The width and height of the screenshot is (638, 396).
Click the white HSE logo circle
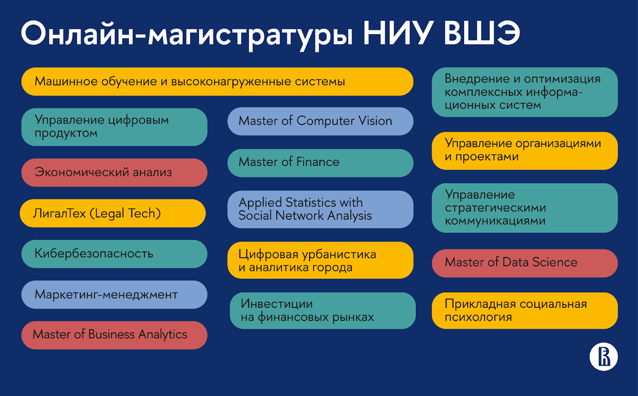[x=604, y=357]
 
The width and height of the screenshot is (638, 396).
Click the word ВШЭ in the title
[x=482, y=33]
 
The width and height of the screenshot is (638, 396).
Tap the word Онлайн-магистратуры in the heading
[x=187, y=36]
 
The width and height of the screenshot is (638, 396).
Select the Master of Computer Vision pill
[x=320, y=121]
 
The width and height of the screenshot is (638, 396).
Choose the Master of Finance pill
[x=320, y=163]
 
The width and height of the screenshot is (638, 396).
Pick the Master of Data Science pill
[x=525, y=263]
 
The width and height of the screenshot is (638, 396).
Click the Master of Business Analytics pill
[x=114, y=335]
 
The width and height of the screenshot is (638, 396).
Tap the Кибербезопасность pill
[x=114, y=254]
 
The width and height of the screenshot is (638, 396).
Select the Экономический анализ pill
[x=114, y=173]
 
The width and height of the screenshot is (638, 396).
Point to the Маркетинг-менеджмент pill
[x=114, y=295]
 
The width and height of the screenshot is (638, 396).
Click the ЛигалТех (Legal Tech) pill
[x=112, y=213]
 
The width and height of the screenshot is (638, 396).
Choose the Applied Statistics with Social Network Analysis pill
[x=320, y=210]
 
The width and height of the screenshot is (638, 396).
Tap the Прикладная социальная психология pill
[x=525, y=310]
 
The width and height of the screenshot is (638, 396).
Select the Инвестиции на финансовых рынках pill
[x=323, y=310]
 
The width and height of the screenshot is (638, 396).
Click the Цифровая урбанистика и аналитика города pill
[x=320, y=260]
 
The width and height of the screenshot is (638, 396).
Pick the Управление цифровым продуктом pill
[x=114, y=127]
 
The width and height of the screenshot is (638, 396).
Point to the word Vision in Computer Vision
[x=375, y=121]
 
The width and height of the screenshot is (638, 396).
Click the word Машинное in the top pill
[x=66, y=82]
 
